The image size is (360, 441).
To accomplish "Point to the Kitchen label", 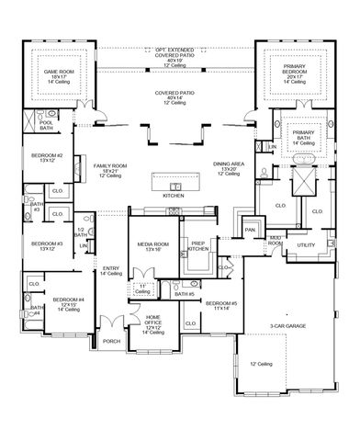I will pyautogui.click(x=174, y=196).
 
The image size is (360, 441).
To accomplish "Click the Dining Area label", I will pyautogui.click(x=227, y=166).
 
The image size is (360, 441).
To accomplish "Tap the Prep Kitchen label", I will pyautogui.click(x=198, y=245).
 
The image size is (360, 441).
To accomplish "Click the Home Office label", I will pyautogui.click(x=153, y=320).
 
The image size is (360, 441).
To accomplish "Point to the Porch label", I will pyautogui.click(x=111, y=340).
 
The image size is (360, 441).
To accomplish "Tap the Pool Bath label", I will pyautogui.click(x=46, y=125).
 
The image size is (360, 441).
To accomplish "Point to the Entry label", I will pyautogui.click(x=111, y=270).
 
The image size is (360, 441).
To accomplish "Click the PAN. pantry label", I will pyautogui.click(x=249, y=230).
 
